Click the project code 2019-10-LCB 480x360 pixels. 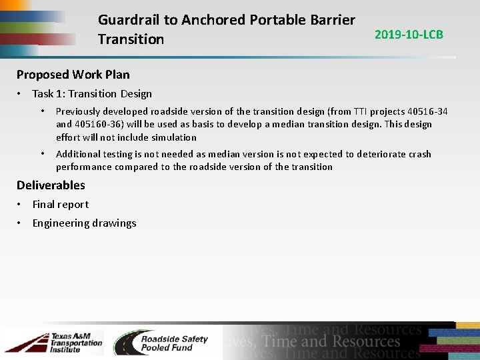tap(409, 35)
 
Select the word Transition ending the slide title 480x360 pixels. tap(131, 39)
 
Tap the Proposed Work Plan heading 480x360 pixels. tap(73, 74)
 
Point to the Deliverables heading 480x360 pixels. tap(51, 185)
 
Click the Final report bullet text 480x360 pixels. tap(61, 205)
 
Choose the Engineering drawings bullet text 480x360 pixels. tap(84, 223)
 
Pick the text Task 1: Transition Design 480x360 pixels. tap(92, 94)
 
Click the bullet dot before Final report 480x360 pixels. tap(21, 205)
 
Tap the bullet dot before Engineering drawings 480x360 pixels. tap(21, 223)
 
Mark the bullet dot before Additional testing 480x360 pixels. tap(42, 154)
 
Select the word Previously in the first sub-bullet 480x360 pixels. tap(79, 111)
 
